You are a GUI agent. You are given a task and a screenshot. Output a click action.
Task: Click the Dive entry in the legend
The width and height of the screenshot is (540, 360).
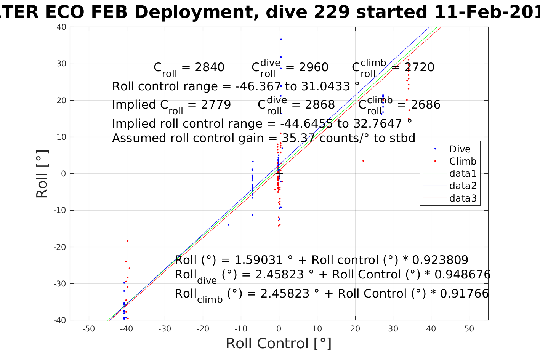[460, 149]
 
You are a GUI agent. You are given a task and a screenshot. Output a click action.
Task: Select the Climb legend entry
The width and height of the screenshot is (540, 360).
[463, 162]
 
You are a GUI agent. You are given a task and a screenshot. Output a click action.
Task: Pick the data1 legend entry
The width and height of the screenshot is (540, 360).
[463, 174]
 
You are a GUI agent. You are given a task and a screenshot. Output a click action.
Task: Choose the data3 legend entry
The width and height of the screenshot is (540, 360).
[463, 198]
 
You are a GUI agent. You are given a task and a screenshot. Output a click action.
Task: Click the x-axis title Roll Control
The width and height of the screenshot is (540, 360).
[279, 344]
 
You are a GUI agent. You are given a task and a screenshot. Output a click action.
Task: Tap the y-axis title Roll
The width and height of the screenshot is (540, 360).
[42, 174]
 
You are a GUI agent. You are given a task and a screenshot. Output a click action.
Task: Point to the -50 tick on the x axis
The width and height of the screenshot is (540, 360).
[89, 329]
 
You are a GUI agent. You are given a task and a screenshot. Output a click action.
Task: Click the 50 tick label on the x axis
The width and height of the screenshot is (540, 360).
[469, 329]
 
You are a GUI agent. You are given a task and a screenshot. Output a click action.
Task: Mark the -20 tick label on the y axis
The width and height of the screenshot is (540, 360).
[61, 247]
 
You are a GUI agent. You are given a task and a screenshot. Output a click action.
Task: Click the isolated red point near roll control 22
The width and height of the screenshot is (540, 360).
[363, 161]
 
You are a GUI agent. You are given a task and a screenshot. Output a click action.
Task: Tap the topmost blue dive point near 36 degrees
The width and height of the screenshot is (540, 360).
[281, 40]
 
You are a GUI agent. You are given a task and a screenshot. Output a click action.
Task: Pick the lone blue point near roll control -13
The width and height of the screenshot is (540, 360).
[229, 225]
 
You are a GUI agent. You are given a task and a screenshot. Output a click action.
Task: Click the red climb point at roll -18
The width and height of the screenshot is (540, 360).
[128, 241]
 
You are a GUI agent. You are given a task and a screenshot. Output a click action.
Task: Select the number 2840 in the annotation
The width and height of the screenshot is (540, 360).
[210, 67]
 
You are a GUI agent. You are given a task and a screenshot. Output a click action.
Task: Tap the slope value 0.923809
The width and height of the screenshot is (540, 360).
[440, 260]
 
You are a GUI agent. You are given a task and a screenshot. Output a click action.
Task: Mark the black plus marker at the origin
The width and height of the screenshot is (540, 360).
[279, 174]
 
